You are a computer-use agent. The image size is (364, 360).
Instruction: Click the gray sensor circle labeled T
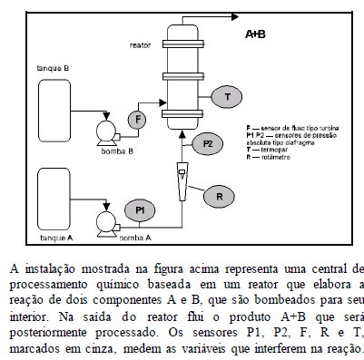point(226,96)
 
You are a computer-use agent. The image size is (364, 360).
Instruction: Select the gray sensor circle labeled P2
point(208,143)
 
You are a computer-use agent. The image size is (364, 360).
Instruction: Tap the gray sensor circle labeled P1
point(141,209)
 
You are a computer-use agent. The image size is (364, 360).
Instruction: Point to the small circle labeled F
point(137,119)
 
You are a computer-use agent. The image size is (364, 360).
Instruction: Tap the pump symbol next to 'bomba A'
point(103,221)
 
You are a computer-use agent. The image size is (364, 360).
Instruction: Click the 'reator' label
point(141,44)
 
